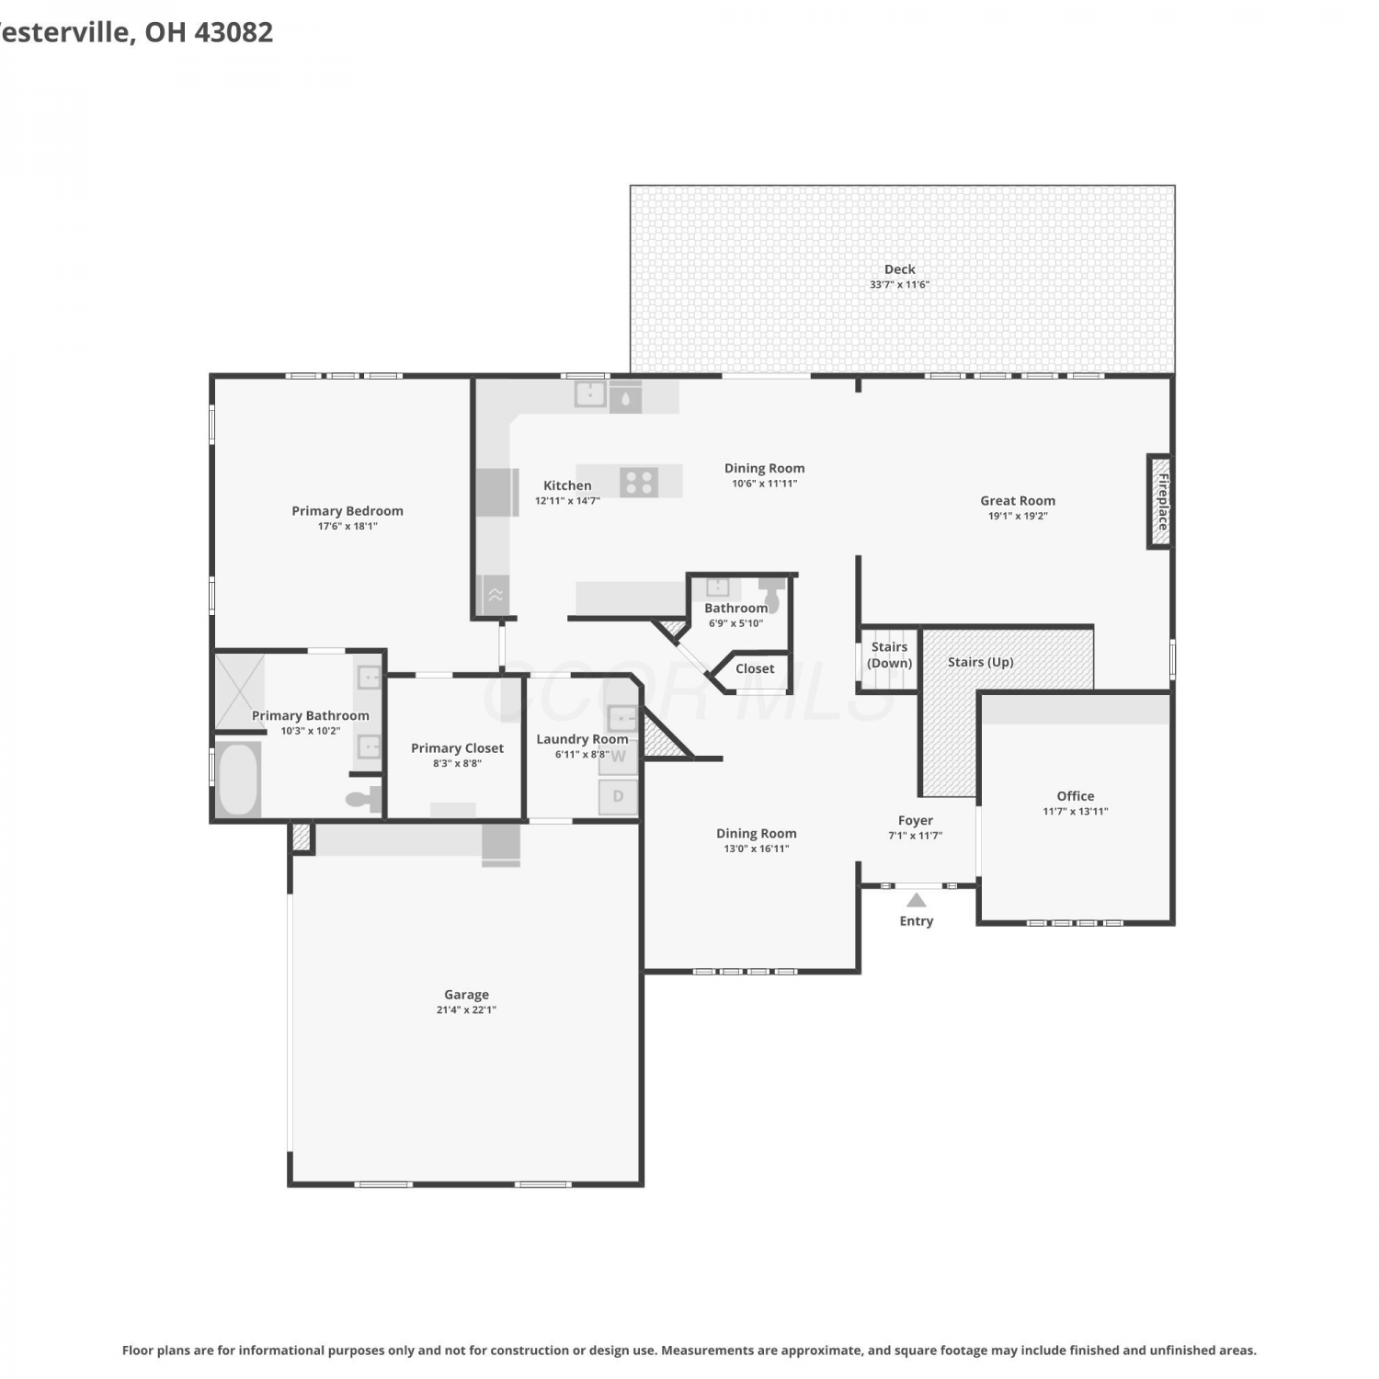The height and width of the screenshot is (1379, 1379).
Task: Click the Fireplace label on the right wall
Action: [1162, 502]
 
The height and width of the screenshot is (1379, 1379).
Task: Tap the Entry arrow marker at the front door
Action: [917, 900]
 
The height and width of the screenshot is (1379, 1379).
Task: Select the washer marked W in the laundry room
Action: [619, 758]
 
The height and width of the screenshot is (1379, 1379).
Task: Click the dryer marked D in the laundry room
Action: [619, 796]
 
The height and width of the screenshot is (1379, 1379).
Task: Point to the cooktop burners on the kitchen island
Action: [638, 482]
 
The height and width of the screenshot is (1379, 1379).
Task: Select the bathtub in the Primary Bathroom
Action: [238, 779]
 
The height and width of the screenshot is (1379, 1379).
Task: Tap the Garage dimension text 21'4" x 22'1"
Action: [466, 1009]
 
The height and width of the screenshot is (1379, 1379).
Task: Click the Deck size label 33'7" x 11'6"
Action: [900, 285]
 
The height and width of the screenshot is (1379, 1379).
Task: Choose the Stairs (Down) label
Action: [890, 655]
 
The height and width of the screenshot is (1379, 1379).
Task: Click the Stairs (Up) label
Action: [981, 662]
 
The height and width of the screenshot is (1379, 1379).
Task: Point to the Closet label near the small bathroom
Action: [755, 668]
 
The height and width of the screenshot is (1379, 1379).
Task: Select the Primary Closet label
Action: [457, 748]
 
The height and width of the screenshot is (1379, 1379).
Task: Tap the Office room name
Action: [1076, 796]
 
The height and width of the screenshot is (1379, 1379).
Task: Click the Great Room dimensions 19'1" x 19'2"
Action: [1018, 516]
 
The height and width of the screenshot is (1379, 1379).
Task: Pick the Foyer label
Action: [916, 820]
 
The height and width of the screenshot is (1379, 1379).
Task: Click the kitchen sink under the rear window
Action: [590, 394]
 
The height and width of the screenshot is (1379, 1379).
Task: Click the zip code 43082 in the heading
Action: [234, 32]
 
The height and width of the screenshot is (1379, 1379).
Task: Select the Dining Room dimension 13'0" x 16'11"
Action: [757, 849]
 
